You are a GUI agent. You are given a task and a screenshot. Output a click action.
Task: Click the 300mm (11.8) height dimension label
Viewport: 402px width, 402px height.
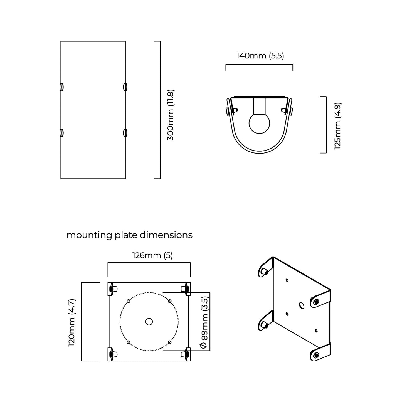coord(171,115)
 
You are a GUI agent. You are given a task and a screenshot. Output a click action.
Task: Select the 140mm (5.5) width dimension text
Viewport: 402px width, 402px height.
coord(260,56)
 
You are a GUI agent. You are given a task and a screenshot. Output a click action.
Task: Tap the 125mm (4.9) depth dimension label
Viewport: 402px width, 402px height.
coord(338,126)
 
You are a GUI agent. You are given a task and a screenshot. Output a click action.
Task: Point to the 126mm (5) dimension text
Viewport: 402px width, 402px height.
coord(152,255)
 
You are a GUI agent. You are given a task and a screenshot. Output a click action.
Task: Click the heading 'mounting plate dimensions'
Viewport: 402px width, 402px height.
coord(129,235)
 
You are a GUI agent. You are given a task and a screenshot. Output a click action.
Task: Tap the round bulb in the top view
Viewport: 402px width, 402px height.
coord(259,123)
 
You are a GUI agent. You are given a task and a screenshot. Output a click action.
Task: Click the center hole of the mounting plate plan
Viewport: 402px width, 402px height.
coord(149,322)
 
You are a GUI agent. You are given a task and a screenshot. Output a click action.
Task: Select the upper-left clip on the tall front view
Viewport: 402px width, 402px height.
coord(61,87)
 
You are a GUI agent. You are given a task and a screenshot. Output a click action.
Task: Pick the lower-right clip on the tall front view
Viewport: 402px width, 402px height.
coord(125,133)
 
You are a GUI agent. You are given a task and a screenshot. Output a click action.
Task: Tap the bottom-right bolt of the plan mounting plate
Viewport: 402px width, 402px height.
coord(186,354)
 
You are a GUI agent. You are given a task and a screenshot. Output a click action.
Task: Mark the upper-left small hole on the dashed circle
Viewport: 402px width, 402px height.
coord(128,301)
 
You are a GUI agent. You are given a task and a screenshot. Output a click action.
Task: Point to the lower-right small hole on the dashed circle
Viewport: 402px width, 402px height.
coord(170,342)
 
